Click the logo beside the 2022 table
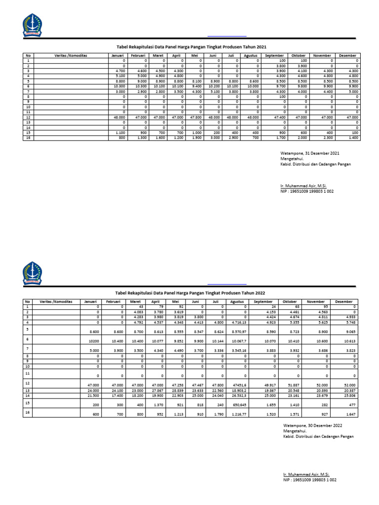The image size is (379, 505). pyautogui.click(x=32, y=272)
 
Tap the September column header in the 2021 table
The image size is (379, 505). pyautogui.click(x=274, y=56)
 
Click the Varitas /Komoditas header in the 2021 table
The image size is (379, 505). pyautogui.click(x=71, y=56)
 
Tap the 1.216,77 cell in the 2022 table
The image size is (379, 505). pyautogui.click(x=237, y=415)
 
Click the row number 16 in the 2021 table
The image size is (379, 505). pyautogui.click(x=28, y=138)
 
